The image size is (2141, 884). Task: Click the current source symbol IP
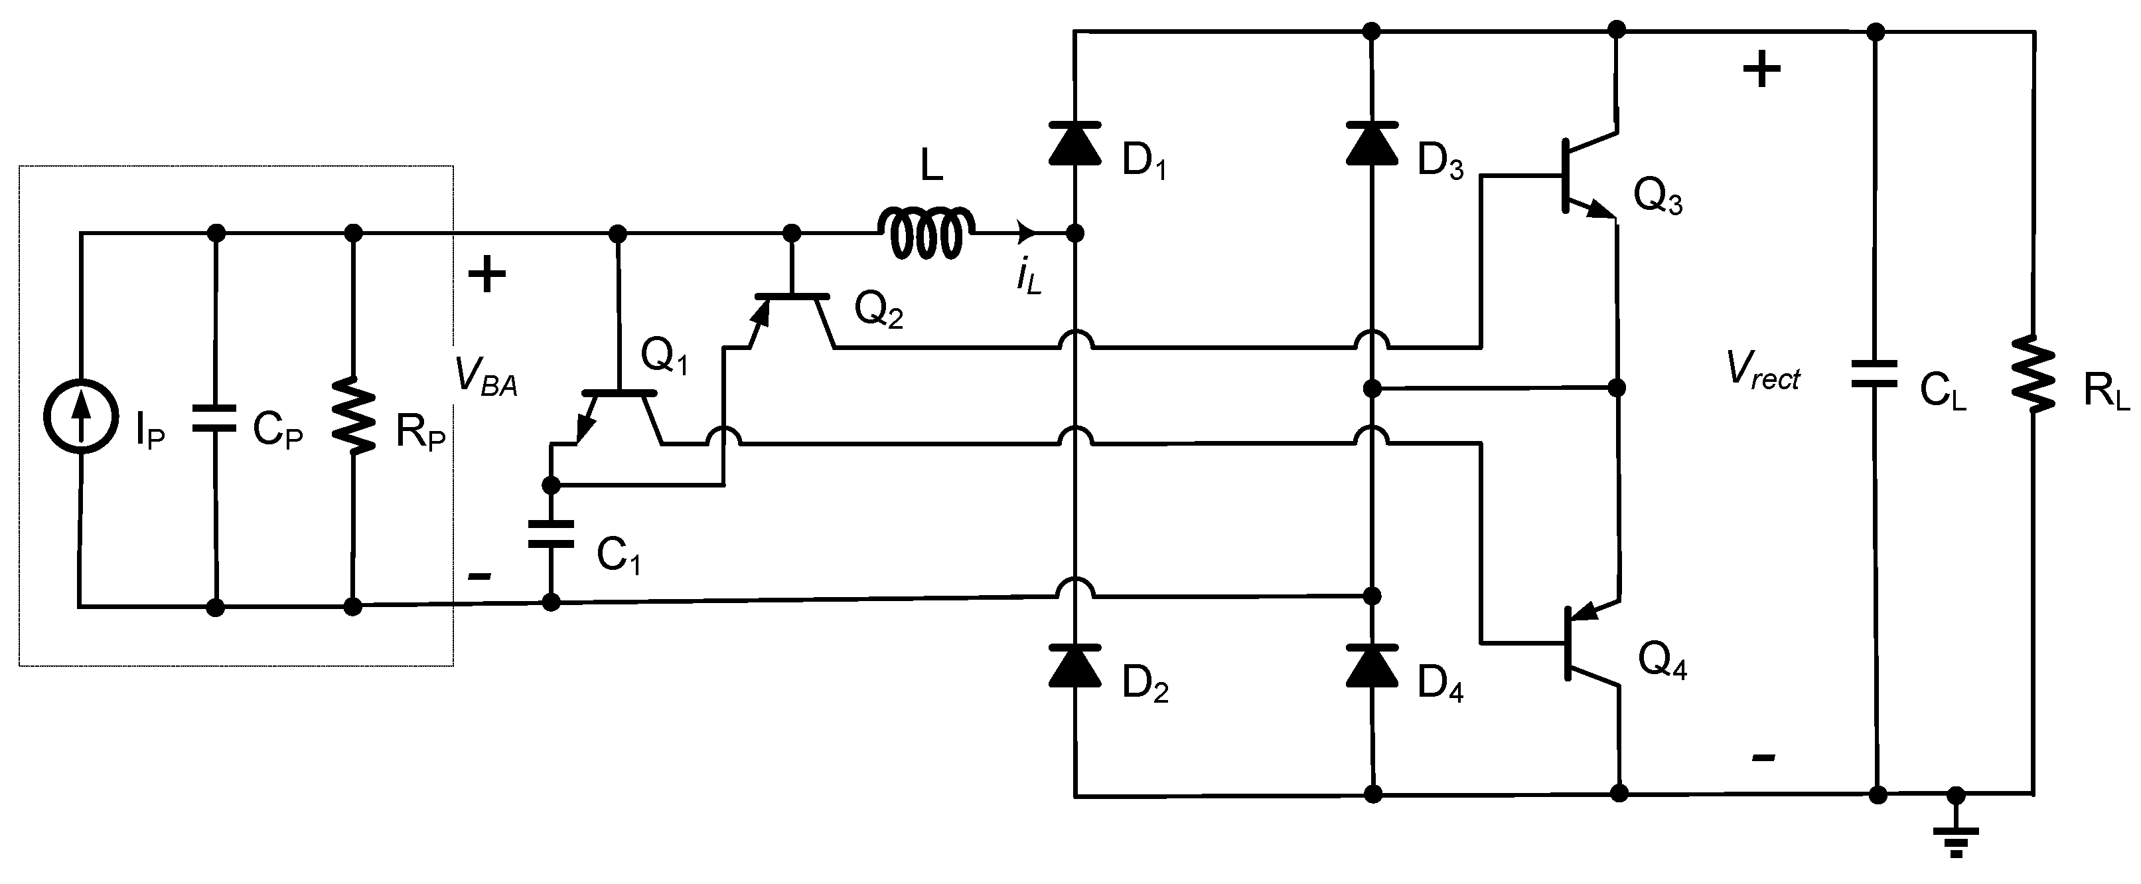(x=80, y=416)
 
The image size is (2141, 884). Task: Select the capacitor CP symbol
(x=215, y=418)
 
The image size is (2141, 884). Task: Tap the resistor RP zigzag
(x=354, y=418)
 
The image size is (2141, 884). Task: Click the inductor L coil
(x=925, y=233)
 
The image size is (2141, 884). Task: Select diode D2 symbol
(x=1074, y=665)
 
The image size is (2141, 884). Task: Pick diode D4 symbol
(x=1371, y=665)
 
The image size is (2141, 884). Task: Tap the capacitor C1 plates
(x=551, y=535)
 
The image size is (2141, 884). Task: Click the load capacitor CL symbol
(x=1875, y=373)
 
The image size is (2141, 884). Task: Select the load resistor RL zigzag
(x=2033, y=373)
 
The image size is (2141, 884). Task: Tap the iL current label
(x=1028, y=276)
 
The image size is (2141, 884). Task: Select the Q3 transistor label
(x=1657, y=197)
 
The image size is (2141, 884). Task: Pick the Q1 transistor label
(x=664, y=357)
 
